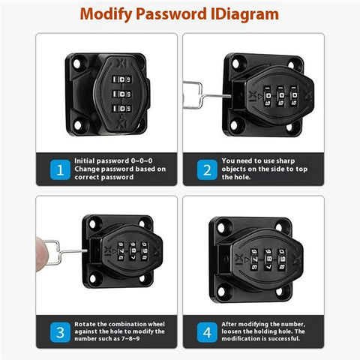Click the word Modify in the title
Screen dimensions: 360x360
pyautogui.click(x=106, y=14)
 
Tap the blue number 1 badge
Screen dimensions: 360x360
pyautogui.click(x=60, y=169)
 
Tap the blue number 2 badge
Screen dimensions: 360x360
pyautogui.click(x=207, y=169)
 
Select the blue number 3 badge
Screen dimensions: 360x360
pyautogui.click(x=60, y=332)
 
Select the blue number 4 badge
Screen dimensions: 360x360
pyautogui.click(x=207, y=332)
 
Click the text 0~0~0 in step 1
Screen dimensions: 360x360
pyautogui.click(x=142, y=160)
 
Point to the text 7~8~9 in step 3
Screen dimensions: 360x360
pyautogui.click(x=130, y=339)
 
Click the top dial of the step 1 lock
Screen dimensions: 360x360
pyautogui.click(x=121, y=79)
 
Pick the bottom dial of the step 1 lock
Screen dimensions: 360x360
pyautogui.click(x=121, y=109)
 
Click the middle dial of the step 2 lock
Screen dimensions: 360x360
pyautogui.click(x=281, y=96)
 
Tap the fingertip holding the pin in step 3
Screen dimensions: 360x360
pyautogui.click(x=40, y=253)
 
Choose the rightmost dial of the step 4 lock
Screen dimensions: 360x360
pyautogui.click(x=282, y=259)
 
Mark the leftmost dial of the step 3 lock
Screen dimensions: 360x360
pyautogui.click(x=121, y=251)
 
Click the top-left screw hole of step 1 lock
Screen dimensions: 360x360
pyautogui.click(x=77, y=64)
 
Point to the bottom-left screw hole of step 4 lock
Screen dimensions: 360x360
pyautogui.click(x=221, y=292)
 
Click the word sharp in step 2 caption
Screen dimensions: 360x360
pyautogui.click(x=286, y=160)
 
